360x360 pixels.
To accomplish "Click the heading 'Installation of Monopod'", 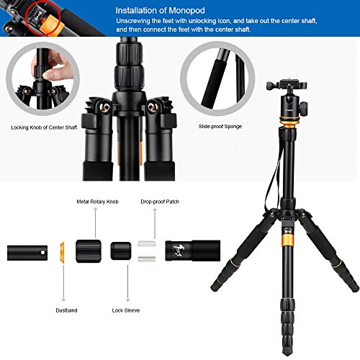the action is click(160, 11).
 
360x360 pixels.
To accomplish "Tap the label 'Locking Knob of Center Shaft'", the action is click(44, 127).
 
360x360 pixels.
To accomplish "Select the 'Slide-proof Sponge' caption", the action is click(220, 127).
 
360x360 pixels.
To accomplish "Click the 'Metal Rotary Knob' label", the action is click(97, 202).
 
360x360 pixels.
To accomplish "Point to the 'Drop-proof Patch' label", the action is click(160, 202).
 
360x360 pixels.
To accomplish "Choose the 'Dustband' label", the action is click(66, 310).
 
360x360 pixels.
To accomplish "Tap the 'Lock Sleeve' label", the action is click(126, 310).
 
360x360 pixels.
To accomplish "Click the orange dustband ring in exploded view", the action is click(62, 252).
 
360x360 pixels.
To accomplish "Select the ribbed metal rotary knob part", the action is click(89, 251).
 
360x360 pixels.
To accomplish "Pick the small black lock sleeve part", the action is click(121, 251).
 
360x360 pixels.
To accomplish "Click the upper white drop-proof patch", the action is click(147, 244).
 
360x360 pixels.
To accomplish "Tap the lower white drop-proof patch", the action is click(147, 258).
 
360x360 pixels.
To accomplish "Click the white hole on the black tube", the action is click(42, 253).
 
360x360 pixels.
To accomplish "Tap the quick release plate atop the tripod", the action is click(287, 84).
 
